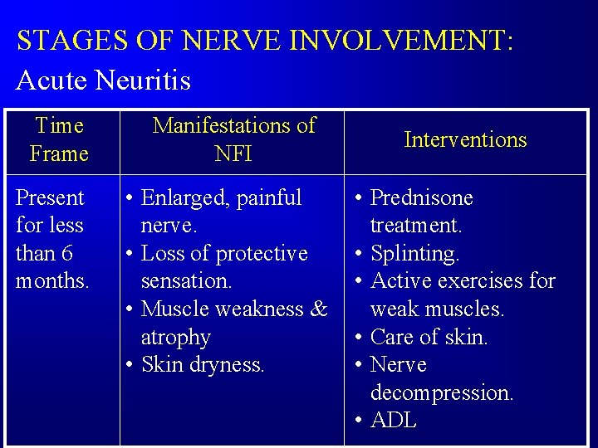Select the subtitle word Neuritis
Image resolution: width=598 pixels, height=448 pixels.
click(143, 80)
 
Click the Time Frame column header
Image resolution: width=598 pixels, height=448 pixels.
click(59, 139)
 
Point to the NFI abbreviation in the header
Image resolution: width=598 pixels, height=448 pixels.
click(233, 153)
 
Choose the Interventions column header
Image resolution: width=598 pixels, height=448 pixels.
click(465, 139)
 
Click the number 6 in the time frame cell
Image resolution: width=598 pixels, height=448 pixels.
click(66, 253)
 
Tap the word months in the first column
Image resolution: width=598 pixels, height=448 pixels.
click(51, 280)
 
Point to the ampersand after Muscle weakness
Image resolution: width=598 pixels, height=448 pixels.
click(319, 309)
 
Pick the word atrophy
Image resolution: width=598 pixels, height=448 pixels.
click(175, 337)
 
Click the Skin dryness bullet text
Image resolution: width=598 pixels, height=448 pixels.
click(203, 364)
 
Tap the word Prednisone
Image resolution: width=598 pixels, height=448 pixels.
click(421, 197)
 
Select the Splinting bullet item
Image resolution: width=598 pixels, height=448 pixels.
click(414, 253)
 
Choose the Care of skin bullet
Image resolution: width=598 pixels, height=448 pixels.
click(429, 337)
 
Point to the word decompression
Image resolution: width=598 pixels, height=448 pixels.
click(442, 392)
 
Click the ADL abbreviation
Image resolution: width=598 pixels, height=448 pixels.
click(394, 421)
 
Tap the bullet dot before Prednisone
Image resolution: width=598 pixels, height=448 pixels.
click(356, 198)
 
